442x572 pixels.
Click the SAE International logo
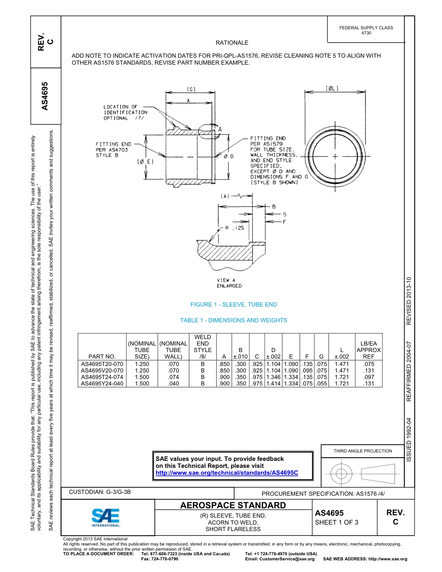(x=106, y=517)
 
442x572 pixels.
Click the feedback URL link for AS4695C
(x=227, y=472)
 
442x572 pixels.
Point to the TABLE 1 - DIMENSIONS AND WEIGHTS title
(x=234, y=320)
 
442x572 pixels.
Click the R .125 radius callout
(x=234, y=228)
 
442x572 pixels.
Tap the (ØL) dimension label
(x=332, y=88)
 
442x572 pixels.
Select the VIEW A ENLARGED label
(x=229, y=283)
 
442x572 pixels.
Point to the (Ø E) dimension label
(x=145, y=162)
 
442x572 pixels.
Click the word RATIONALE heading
(x=232, y=43)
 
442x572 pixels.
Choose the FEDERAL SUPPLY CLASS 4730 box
(x=366, y=30)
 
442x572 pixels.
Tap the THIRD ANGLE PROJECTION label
(x=362, y=451)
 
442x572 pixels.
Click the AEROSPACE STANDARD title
(x=233, y=505)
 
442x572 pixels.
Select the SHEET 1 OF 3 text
(x=336, y=522)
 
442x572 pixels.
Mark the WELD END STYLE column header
(x=202, y=346)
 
